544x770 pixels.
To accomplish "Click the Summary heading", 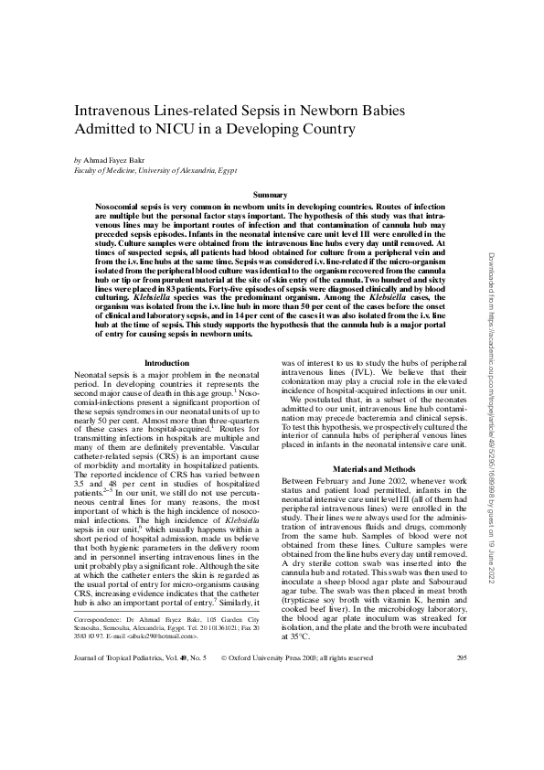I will pos(270,196).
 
